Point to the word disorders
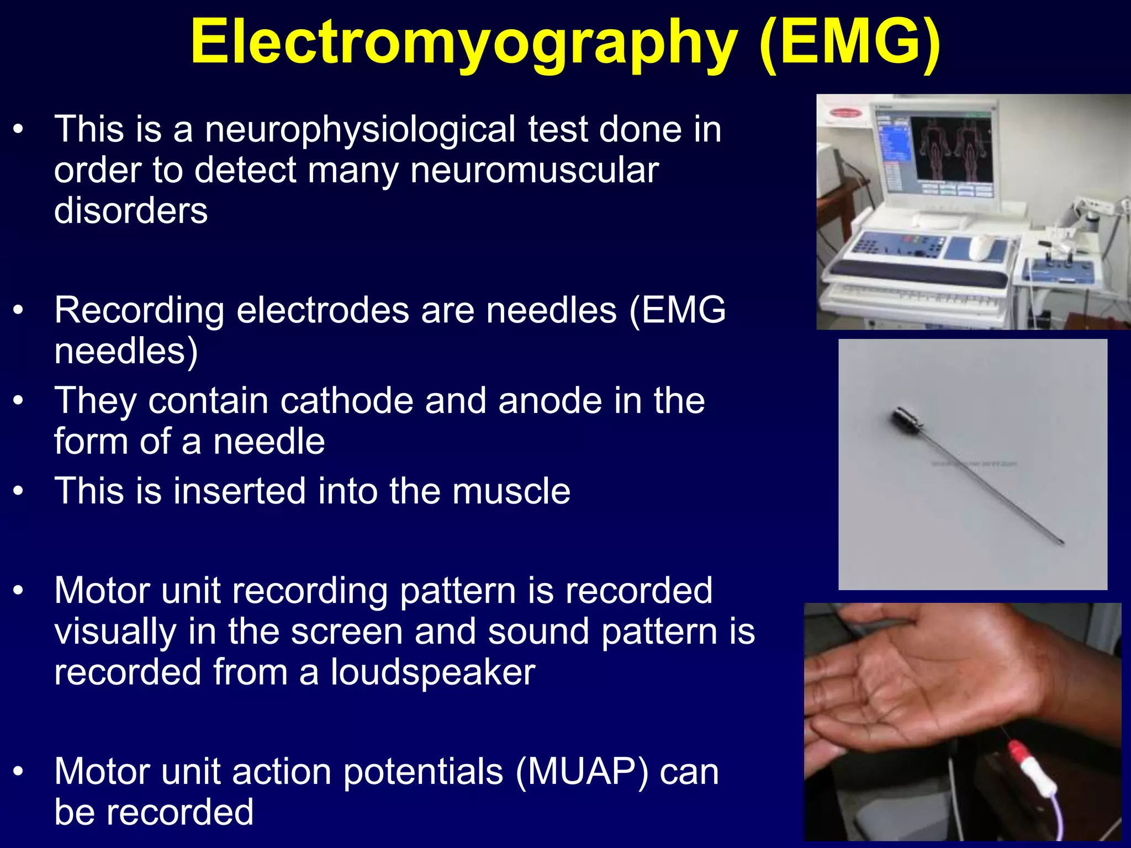click(131, 211)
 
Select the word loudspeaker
click(433, 672)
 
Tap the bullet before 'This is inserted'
click(19, 491)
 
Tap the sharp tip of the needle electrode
click(1061, 542)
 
